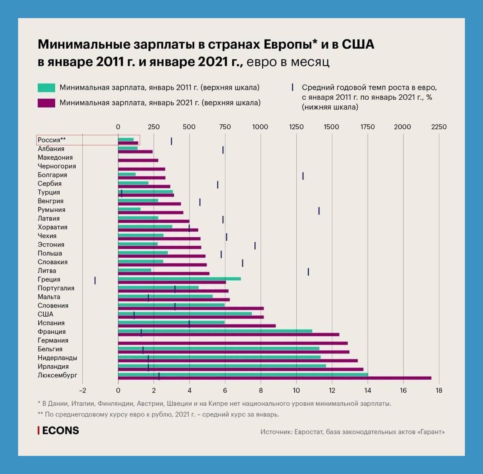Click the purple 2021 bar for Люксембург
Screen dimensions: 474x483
274,378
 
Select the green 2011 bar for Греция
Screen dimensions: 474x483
179,279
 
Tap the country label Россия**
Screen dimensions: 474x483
52,140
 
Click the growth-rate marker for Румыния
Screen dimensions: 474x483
319,211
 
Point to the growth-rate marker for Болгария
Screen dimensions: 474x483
303,176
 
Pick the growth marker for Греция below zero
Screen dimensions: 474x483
95,280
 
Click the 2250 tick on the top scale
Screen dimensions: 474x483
439,127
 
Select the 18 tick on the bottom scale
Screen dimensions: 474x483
439,390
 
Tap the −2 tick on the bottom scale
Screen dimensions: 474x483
82,390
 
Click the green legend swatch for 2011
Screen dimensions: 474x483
46,88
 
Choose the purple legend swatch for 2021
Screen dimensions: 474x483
46,103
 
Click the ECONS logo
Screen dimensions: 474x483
58,431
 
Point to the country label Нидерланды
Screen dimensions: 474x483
57,358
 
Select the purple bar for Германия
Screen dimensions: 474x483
232,343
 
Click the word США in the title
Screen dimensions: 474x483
358,44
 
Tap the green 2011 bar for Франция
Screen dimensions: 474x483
215,331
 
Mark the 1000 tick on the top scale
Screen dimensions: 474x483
260,127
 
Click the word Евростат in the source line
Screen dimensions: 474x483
309,432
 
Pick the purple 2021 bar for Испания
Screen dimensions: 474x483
197,326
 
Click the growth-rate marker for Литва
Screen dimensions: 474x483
308,272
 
